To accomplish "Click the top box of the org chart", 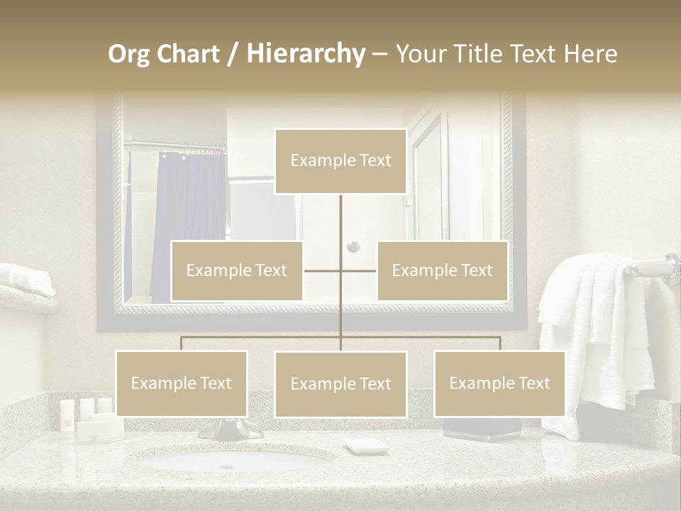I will click(x=340, y=161).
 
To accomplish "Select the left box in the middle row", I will click(x=237, y=270).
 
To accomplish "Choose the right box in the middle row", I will click(x=442, y=270).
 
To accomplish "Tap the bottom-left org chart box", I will click(x=182, y=383).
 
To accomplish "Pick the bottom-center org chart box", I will click(x=340, y=384).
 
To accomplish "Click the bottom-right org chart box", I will click(x=499, y=383).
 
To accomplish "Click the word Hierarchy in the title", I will click(x=306, y=54).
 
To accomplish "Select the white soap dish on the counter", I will click(x=366, y=446).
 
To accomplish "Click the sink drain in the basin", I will click(x=227, y=466).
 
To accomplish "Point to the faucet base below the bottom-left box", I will click(x=228, y=429).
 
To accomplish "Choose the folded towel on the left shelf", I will click(x=27, y=278).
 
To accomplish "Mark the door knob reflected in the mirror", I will click(x=353, y=247).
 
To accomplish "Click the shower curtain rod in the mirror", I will click(x=174, y=148).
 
